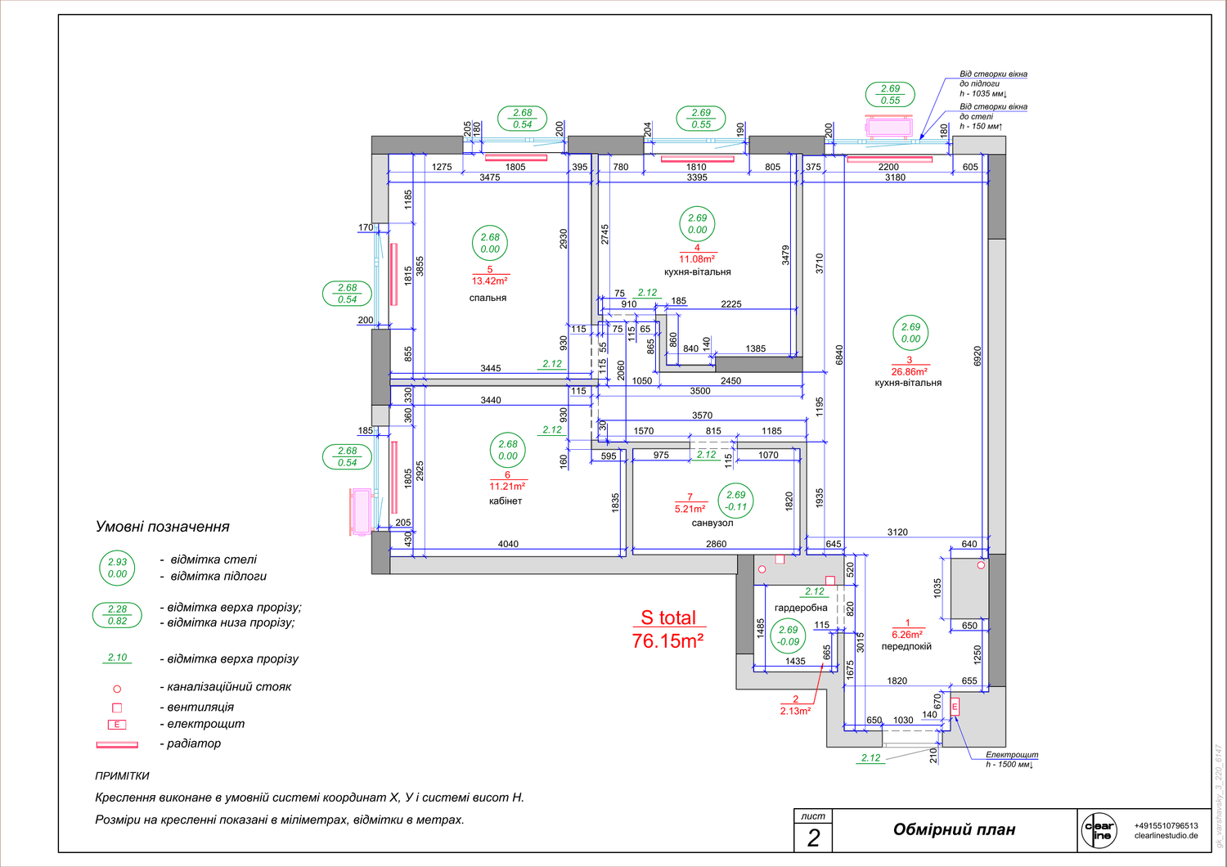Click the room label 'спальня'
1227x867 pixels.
(x=488, y=298)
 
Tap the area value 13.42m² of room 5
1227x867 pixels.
(x=490, y=281)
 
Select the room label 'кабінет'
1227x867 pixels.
(x=505, y=501)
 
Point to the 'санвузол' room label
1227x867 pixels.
(x=712, y=523)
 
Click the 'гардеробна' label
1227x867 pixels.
(x=801, y=608)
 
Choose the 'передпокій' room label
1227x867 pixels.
(x=906, y=646)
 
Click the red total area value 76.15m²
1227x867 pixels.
(x=667, y=640)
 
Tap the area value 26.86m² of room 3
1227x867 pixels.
(x=910, y=372)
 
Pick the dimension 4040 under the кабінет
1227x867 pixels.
(x=508, y=544)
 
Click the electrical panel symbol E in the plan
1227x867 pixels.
(x=955, y=707)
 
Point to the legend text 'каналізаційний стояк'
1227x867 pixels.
(x=229, y=687)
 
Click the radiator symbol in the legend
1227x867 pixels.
(x=117, y=745)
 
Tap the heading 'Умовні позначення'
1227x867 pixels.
(x=162, y=527)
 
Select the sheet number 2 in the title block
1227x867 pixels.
(x=813, y=838)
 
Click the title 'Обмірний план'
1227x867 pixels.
(x=955, y=829)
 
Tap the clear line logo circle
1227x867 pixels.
(x=1099, y=831)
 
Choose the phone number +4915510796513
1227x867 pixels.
(x=1166, y=825)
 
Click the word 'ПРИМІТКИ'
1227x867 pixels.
(x=122, y=776)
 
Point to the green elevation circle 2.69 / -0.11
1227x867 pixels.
(x=735, y=501)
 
